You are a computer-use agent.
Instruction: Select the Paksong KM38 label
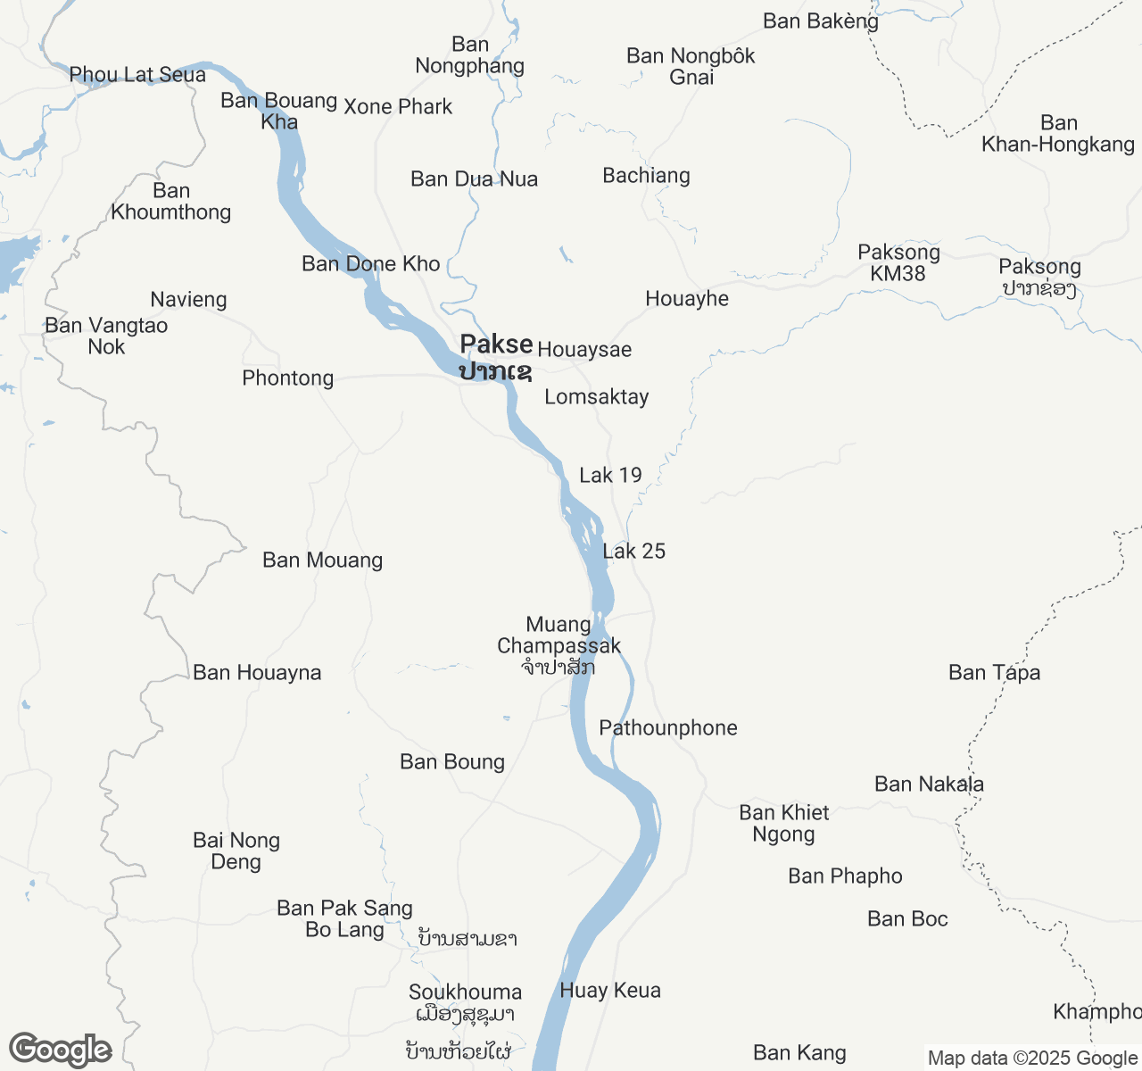[898, 262]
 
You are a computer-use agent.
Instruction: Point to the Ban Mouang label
[322, 560]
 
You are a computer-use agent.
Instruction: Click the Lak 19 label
[610, 475]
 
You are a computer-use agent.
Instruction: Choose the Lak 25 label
[633, 551]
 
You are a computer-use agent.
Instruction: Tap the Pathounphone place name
[667, 727]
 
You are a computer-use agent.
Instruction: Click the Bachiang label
[646, 175]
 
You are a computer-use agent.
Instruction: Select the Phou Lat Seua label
[137, 75]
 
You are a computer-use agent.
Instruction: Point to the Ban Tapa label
[994, 672]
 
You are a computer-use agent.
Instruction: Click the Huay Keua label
[610, 990]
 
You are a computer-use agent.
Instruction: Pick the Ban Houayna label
[257, 672]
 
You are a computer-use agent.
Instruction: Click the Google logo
[61, 1050]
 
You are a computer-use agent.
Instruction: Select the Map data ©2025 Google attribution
[1031, 1059]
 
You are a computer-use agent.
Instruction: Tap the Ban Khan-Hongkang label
[1058, 133]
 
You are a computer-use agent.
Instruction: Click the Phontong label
[287, 378]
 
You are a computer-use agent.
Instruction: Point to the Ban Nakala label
[929, 784]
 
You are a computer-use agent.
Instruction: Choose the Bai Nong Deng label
[236, 851]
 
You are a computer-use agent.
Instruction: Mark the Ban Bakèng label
[821, 21]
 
